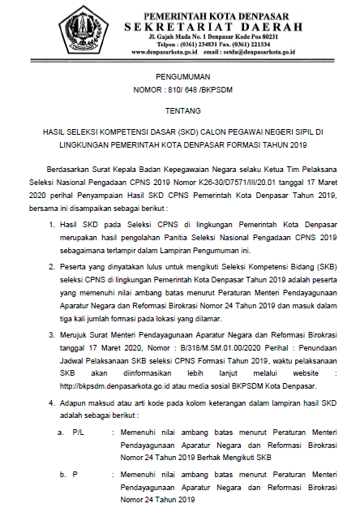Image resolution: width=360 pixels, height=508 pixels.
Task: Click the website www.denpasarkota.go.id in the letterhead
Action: coord(156,51)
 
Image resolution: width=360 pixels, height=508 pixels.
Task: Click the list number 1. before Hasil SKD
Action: coord(51,220)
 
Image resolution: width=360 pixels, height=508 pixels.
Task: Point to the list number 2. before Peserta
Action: coord(51,265)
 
